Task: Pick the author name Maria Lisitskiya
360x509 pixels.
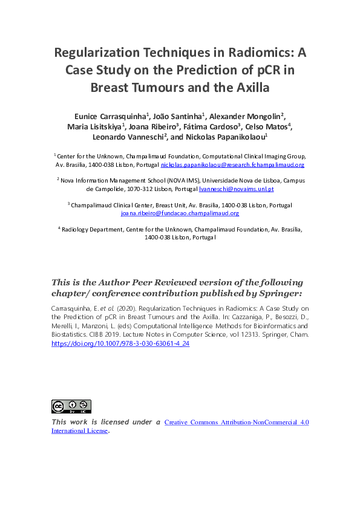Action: [x=96, y=126]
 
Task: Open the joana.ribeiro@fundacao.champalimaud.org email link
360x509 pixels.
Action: [x=180, y=213]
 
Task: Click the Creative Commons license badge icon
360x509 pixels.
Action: [x=71, y=406]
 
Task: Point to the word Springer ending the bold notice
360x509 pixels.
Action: [x=278, y=293]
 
